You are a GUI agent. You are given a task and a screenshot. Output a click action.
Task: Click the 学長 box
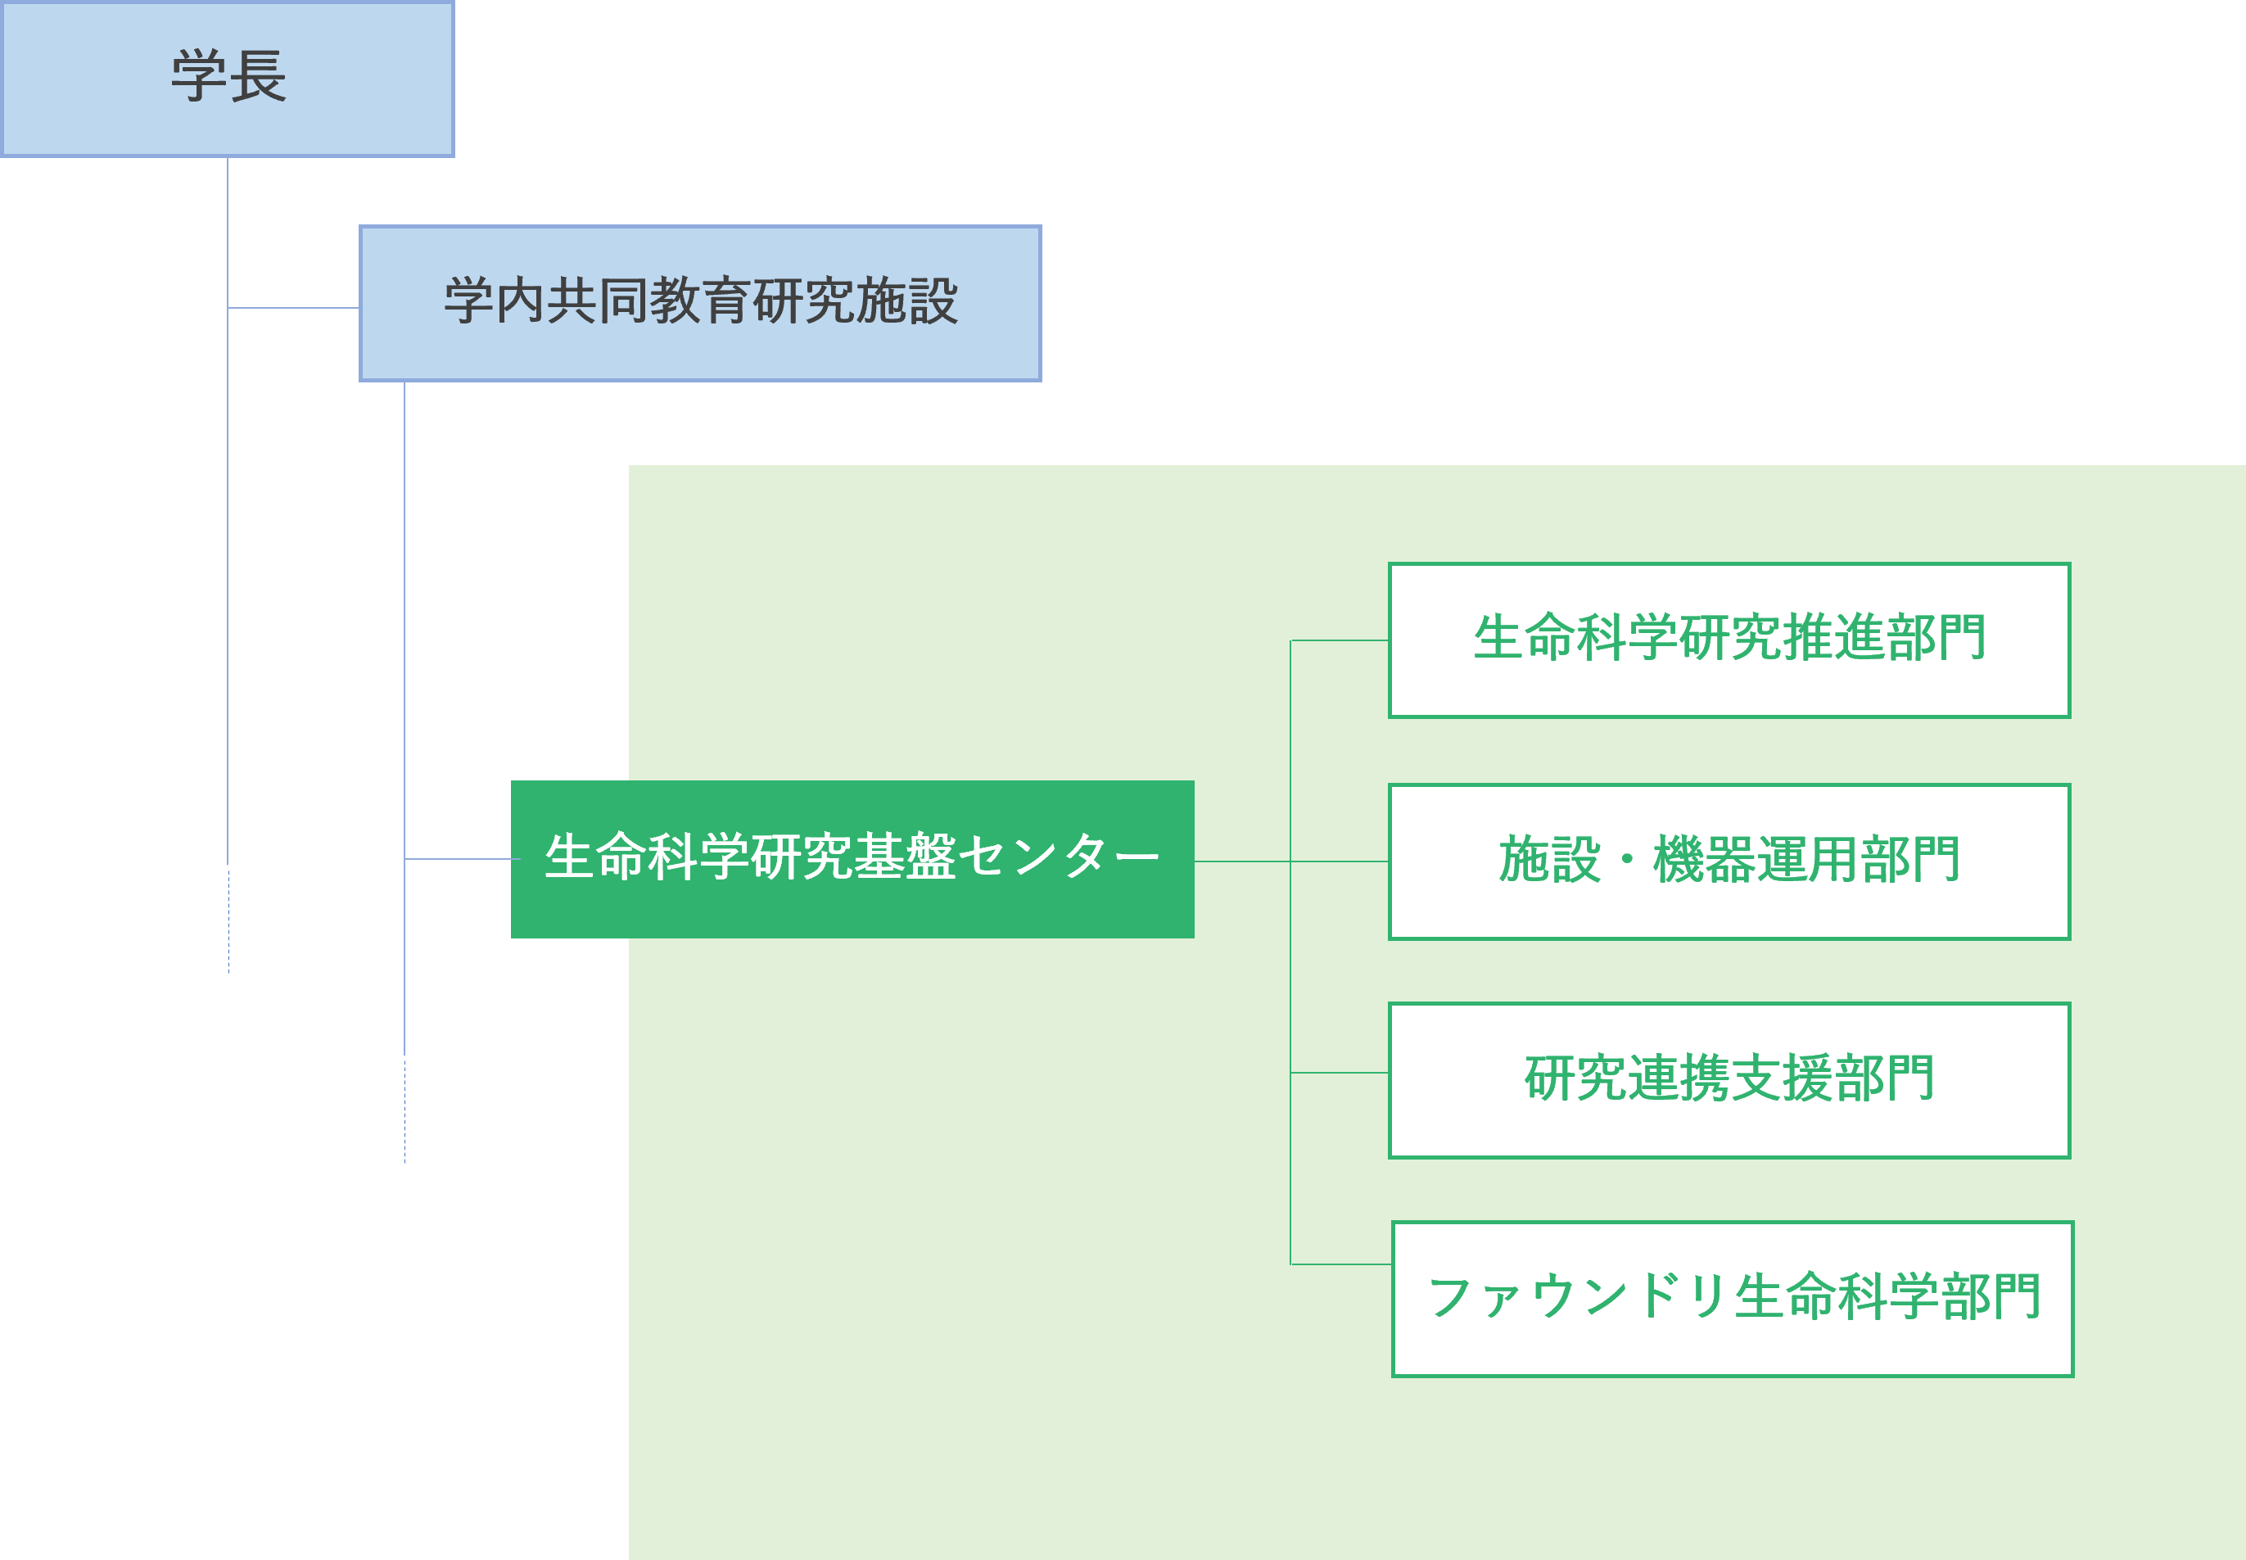(x=228, y=78)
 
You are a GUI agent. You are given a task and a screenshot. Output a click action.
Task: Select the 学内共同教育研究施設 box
(x=700, y=303)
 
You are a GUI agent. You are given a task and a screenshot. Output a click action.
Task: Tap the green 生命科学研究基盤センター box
(x=852, y=859)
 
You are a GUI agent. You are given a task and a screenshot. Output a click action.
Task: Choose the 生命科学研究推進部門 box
(x=1729, y=640)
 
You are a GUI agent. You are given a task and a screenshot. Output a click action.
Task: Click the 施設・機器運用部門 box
(x=1729, y=861)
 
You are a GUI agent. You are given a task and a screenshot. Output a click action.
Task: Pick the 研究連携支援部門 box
(x=1729, y=1080)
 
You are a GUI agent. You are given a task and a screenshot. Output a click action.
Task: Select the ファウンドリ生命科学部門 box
(x=1732, y=1299)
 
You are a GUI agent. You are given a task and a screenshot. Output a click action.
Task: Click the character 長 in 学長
(x=258, y=77)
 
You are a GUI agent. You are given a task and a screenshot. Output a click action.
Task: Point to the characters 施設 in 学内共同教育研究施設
(x=907, y=301)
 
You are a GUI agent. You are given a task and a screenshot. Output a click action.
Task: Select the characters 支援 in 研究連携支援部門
(x=1781, y=1079)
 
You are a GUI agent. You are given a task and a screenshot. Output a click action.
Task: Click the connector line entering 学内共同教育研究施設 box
(x=293, y=308)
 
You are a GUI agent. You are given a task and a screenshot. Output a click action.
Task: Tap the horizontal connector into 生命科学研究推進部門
(x=1339, y=640)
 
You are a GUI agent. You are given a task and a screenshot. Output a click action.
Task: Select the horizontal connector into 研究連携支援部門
(x=1339, y=1072)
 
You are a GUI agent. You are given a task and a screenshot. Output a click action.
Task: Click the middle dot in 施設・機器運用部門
(x=1627, y=860)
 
